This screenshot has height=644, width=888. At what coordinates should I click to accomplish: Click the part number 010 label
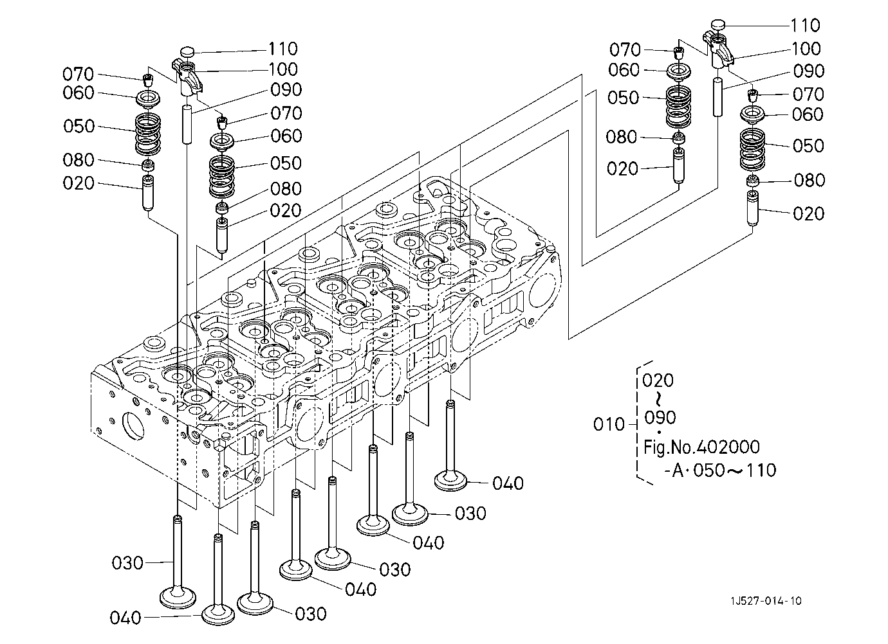point(609,425)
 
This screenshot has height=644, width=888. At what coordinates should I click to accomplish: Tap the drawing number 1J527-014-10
point(766,602)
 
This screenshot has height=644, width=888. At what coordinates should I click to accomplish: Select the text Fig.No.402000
point(701,447)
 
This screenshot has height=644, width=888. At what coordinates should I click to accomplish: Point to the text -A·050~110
point(719,470)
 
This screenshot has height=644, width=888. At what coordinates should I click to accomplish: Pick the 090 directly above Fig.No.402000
point(660,418)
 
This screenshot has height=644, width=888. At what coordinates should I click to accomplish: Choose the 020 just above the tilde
point(658,380)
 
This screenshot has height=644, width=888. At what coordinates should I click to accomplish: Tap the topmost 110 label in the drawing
point(805,26)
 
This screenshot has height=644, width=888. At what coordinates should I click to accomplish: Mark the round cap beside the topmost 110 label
point(718,25)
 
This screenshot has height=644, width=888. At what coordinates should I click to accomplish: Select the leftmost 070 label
point(79,74)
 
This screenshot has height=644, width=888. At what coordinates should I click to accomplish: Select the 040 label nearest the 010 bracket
point(508,483)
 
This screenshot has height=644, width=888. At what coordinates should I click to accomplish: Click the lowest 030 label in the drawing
point(311,614)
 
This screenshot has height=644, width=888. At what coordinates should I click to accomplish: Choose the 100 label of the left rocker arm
point(282,69)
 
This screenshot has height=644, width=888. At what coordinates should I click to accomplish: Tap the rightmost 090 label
point(809,71)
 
